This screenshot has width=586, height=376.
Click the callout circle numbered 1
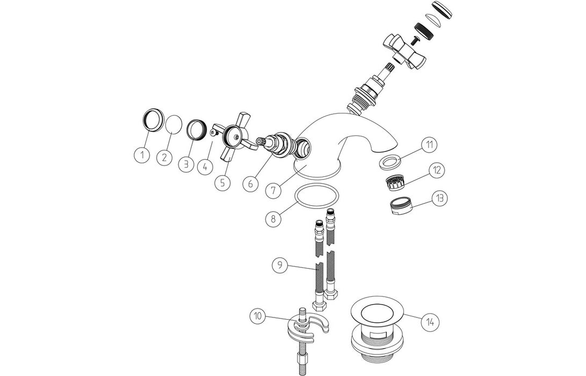[142, 156]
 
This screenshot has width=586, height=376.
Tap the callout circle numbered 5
[222, 183]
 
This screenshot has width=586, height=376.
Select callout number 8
[273, 219]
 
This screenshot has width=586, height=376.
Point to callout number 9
[278, 265]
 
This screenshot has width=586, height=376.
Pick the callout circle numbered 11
[429, 144]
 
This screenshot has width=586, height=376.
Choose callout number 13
[439, 198]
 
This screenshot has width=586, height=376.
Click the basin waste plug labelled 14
[373, 322]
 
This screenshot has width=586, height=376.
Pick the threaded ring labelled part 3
[196, 129]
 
